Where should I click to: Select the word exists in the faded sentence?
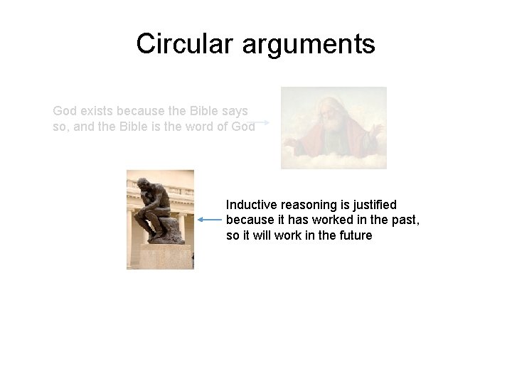[98, 111]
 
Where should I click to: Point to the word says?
[234, 112]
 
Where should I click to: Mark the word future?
[353, 235]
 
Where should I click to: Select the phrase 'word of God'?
[221, 127]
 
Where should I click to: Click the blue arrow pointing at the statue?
[211, 220]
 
